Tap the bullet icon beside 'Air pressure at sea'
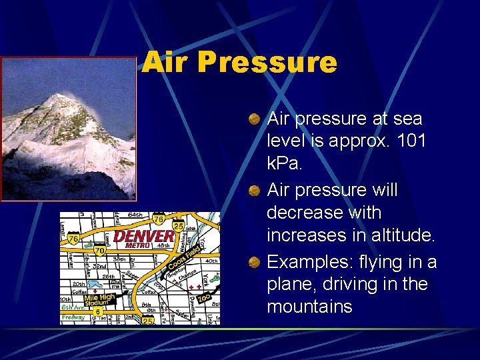coord(254,119)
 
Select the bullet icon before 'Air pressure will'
coord(254,191)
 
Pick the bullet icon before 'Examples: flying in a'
coord(254,263)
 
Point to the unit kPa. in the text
coord(285,164)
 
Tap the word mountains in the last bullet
coord(309,307)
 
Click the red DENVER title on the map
coord(144,236)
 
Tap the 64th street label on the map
coord(134,215)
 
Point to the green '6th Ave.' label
coord(72,307)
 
